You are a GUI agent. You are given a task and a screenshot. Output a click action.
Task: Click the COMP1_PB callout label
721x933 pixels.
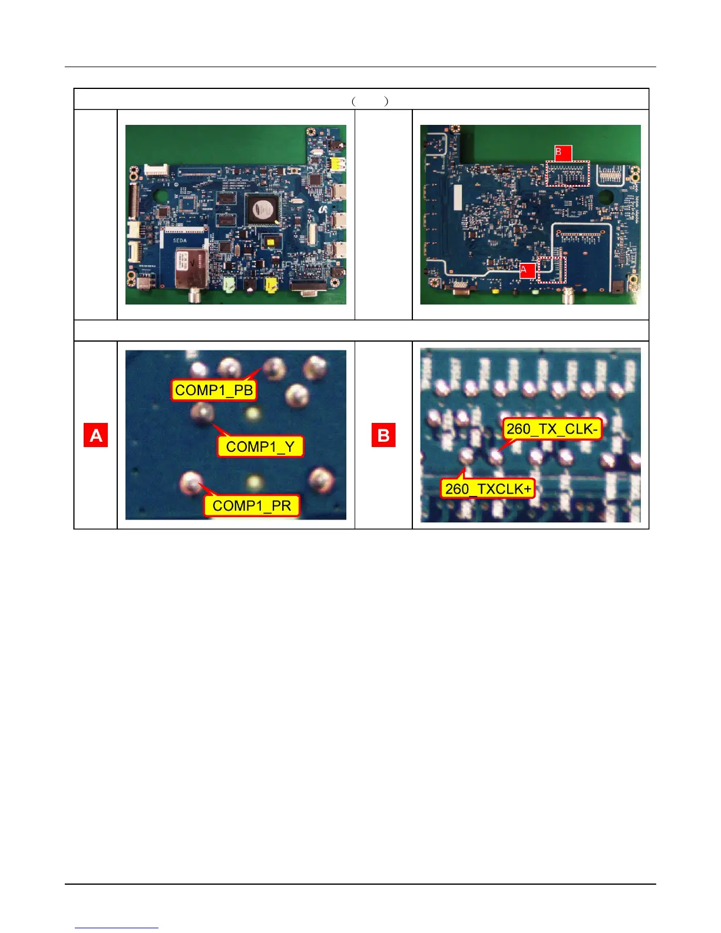pos(214,390)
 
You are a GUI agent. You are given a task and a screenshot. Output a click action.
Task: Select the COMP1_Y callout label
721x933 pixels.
pos(260,446)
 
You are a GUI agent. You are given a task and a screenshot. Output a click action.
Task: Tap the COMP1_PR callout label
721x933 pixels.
pos(252,505)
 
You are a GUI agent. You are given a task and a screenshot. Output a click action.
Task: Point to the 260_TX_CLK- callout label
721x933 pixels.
pos(552,429)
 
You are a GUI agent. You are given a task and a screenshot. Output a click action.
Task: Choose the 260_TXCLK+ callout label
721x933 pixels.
pos(488,488)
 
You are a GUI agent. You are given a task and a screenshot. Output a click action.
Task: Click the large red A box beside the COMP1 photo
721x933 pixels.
pos(95,435)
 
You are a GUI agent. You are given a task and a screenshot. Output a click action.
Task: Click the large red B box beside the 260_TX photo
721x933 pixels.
pos(383,435)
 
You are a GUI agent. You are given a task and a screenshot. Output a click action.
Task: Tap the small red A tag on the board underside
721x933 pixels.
pos(527,270)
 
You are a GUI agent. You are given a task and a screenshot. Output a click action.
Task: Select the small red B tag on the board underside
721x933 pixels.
pos(563,153)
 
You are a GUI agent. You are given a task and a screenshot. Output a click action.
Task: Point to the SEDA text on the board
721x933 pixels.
pos(180,241)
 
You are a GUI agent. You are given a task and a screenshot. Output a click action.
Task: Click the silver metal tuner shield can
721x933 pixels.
pos(190,268)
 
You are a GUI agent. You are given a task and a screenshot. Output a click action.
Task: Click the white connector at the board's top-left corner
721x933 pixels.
pos(156,170)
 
